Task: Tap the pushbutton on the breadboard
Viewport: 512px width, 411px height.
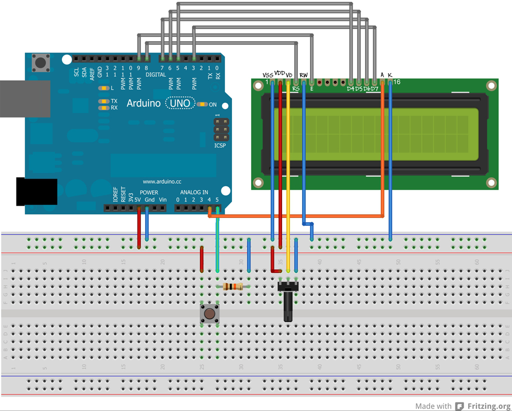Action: click(209, 314)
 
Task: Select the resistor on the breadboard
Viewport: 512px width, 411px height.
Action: click(232, 286)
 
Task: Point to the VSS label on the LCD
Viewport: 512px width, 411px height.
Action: click(268, 75)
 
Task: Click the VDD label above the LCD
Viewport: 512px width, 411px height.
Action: click(279, 73)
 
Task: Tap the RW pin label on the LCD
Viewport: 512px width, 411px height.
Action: click(303, 75)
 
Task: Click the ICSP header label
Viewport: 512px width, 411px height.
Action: click(219, 146)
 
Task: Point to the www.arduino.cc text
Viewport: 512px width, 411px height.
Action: click(162, 182)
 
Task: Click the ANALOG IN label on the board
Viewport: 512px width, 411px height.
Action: click(194, 192)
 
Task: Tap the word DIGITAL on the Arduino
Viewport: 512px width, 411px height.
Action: click(155, 75)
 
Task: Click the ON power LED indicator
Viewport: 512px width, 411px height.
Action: click(201, 105)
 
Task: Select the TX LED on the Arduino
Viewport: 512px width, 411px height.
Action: click(104, 101)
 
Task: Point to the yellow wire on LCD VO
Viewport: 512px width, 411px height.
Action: click(288, 175)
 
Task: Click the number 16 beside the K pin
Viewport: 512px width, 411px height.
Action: click(396, 82)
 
